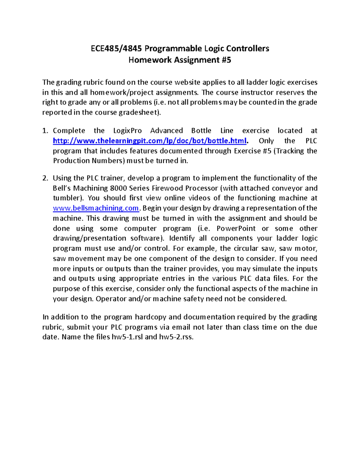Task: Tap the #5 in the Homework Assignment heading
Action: [x=226, y=60]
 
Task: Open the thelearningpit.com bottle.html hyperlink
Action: [x=150, y=141]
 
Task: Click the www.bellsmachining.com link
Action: [x=96, y=208]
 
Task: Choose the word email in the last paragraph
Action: [x=181, y=327]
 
